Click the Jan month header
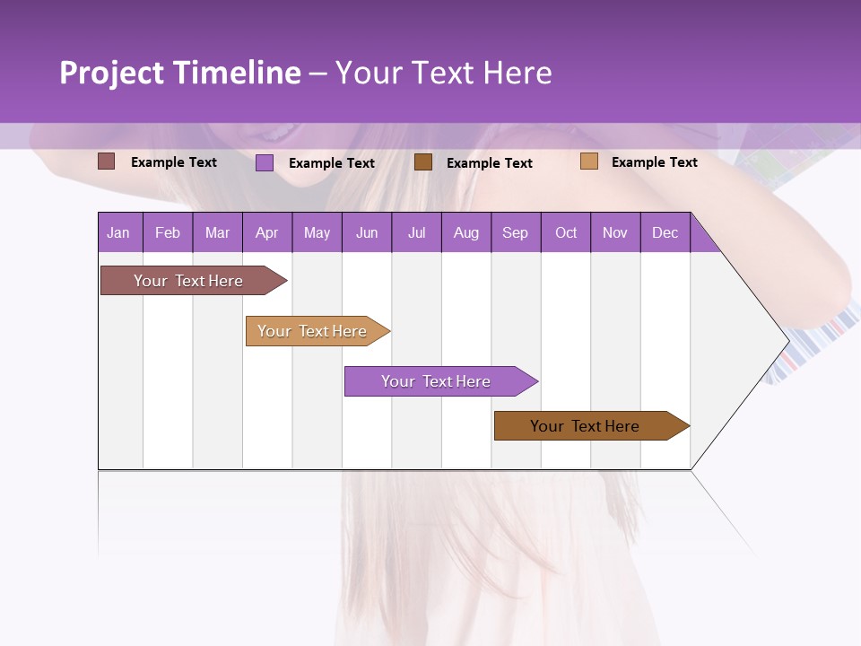118,232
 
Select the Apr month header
266,232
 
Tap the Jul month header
416,232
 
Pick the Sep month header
515,232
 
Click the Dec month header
665,232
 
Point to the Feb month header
168,232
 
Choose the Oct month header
566,232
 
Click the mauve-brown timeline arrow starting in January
188,281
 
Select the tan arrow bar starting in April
312,331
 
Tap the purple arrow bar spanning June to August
436,381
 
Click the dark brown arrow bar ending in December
585,426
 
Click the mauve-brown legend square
107,161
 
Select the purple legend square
265,162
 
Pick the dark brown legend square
423,162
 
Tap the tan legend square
588,161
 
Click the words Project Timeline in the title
180,73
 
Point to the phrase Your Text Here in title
443,73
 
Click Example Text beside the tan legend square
654,162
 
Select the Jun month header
366,232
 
